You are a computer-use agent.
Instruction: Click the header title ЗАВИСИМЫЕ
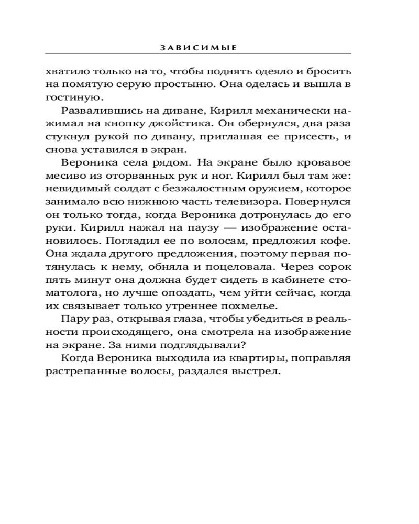tap(199, 47)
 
